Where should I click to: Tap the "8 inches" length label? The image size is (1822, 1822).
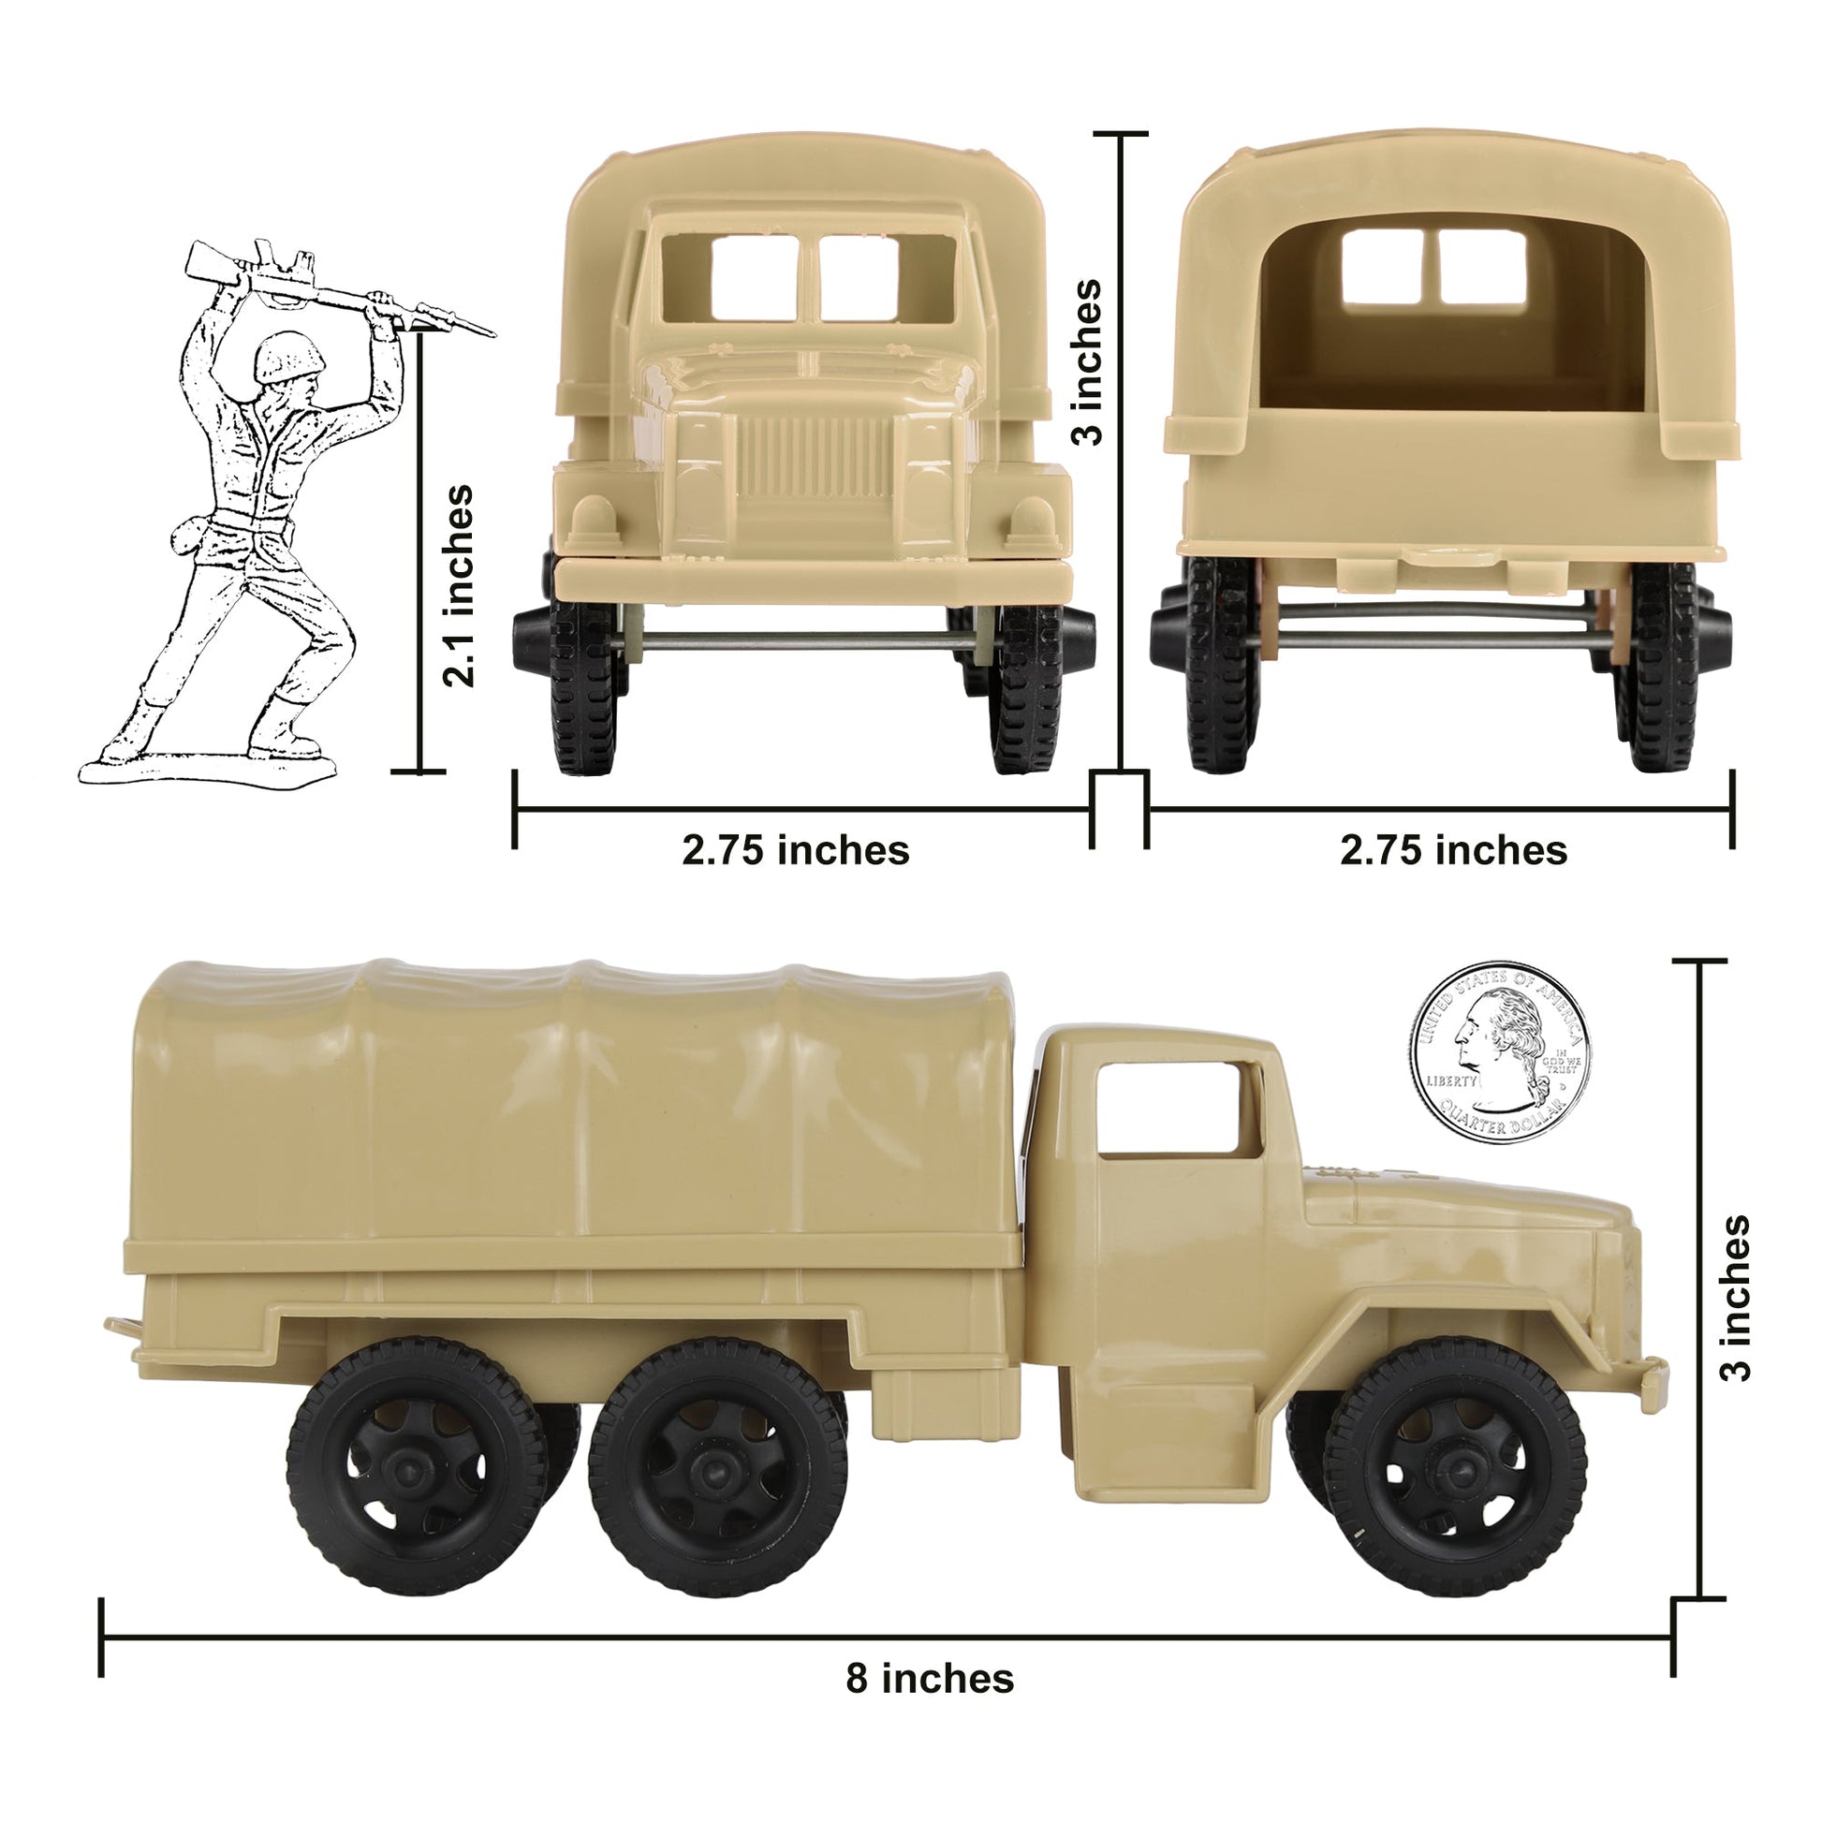pos(929,1680)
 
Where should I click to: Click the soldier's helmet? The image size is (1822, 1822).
pos(282,358)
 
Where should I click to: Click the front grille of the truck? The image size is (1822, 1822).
pos(814,460)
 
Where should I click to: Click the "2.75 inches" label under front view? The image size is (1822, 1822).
pos(796,851)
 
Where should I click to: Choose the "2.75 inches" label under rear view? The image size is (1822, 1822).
pos(1453,851)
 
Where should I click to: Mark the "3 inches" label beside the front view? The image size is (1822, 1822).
pos(1087,361)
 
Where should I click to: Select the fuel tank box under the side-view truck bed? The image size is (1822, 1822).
pos(945,1403)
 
